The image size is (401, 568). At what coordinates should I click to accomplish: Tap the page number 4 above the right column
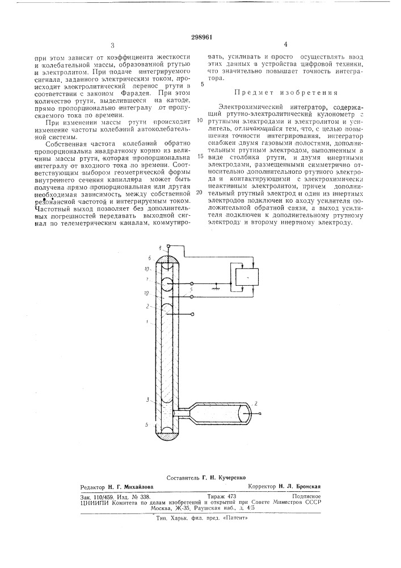pyautogui.click(x=286, y=44)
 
